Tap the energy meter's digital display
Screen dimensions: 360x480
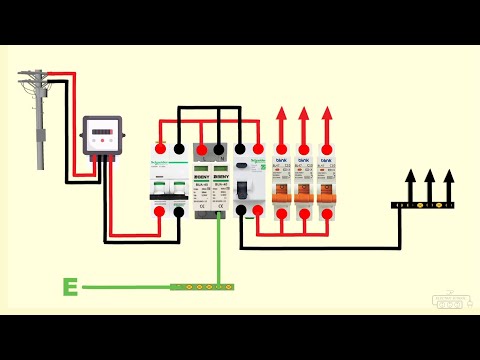[x=101, y=130]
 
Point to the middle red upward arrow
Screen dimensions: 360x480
[x=303, y=122]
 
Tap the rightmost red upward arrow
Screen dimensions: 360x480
[x=326, y=122]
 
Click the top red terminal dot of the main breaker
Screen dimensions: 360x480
[x=158, y=150]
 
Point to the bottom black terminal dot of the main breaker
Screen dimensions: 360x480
[x=178, y=210]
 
